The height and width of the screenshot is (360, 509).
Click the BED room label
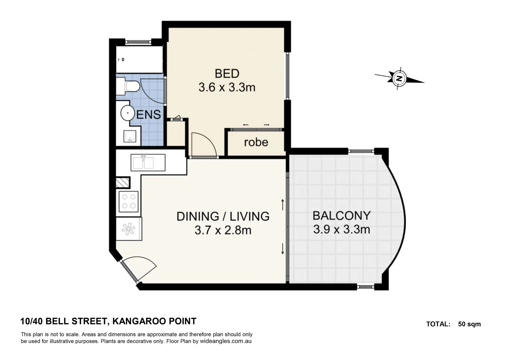click(227, 73)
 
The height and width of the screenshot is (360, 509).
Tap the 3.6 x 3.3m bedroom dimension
click(227, 87)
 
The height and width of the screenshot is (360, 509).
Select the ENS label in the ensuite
click(149, 114)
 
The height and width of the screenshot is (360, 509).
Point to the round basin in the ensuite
click(127, 113)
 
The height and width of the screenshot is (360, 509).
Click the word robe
click(256, 142)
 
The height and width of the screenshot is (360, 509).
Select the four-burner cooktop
click(129, 201)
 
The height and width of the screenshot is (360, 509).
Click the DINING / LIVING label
click(223, 216)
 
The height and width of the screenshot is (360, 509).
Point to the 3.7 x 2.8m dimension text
click(223, 230)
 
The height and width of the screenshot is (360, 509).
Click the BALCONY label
click(341, 216)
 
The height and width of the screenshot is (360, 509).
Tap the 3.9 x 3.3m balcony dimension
click(341, 229)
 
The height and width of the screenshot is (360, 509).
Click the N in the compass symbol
click(399, 79)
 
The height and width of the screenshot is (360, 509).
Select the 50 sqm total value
click(469, 324)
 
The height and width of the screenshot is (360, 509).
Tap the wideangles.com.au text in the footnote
click(225, 341)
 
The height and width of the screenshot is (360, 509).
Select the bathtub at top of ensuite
click(139, 59)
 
